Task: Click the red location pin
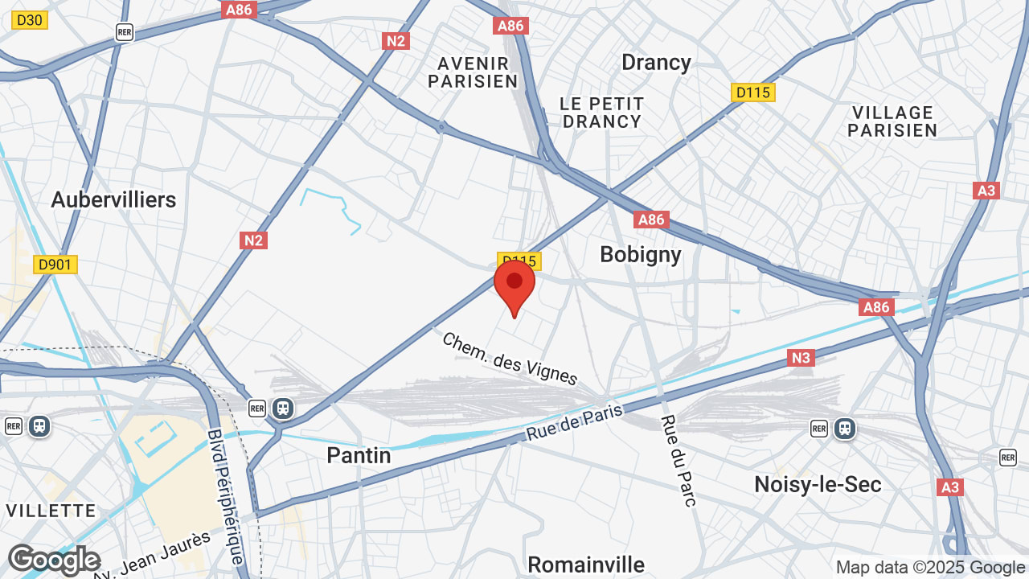[514, 286]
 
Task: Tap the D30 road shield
[30, 20]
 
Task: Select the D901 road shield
[55, 265]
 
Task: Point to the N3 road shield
[801, 358]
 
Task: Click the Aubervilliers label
[113, 199]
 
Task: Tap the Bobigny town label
[641, 254]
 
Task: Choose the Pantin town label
[359, 455]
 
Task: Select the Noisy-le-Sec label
[818, 484]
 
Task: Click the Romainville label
[586, 564]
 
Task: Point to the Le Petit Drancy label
[602, 113]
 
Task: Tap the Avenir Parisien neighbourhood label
[473, 72]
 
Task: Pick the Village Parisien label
[892, 121]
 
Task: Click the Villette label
[51, 511]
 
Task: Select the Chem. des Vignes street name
[510, 358]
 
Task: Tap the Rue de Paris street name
[575, 422]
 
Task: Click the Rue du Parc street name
[678, 460]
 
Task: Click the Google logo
[54, 561]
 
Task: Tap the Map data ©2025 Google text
[930, 567]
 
